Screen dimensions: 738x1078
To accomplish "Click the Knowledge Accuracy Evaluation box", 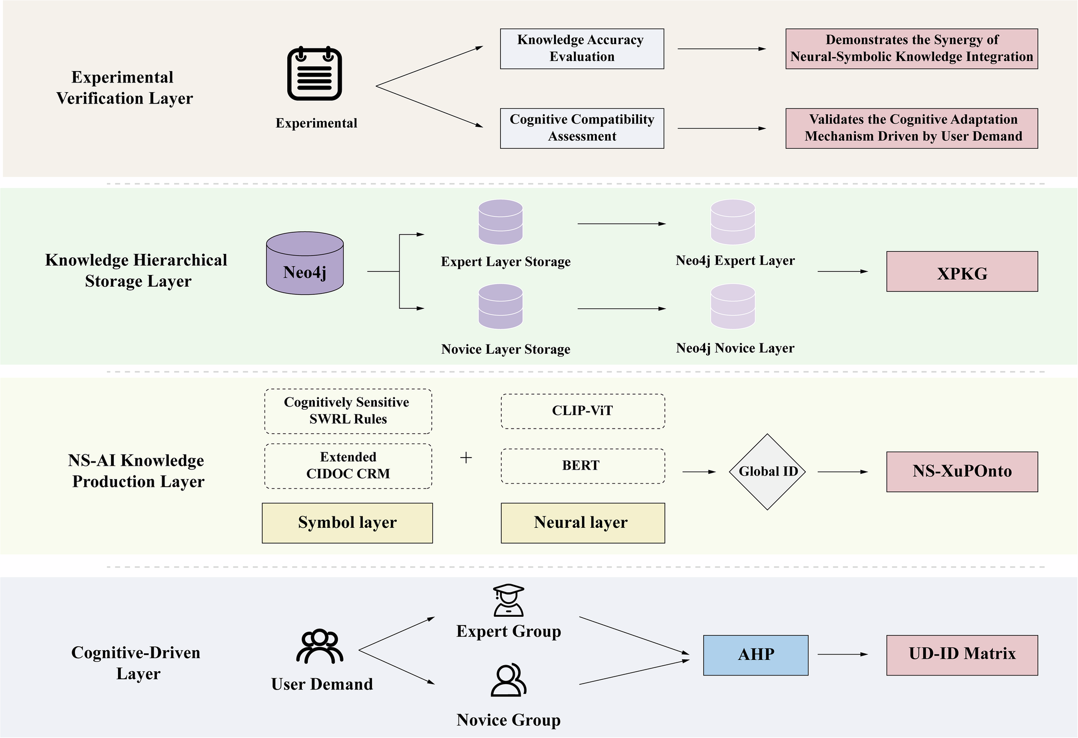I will click(x=582, y=49).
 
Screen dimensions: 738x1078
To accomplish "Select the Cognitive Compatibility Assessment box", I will click(x=582, y=128).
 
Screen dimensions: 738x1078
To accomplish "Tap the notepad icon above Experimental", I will click(x=315, y=74).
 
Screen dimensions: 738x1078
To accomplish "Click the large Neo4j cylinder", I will click(x=305, y=264).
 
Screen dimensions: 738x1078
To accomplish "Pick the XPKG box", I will click(x=962, y=272).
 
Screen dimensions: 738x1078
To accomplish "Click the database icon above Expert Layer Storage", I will click(x=501, y=222).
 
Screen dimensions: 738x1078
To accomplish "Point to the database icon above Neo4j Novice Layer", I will click(x=733, y=307).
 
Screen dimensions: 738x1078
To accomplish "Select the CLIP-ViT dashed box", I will click(x=583, y=411).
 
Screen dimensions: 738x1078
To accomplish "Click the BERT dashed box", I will click(x=583, y=466).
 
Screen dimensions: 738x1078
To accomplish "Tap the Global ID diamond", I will click(x=767, y=472).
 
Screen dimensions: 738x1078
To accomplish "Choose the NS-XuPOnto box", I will click(x=962, y=472).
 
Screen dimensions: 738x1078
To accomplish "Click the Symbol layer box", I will click(x=347, y=523).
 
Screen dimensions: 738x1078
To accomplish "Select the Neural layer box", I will click(x=583, y=523).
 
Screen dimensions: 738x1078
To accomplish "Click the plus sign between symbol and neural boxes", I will click(x=466, y=458).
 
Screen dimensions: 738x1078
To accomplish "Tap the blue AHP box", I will click(x=756, y=655).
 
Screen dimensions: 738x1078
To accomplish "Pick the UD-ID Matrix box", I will click(x=962, y=655).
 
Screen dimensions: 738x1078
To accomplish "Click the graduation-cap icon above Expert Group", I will click(x=508, y=600).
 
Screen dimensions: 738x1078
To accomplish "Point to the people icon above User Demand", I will click(x=320, y=646).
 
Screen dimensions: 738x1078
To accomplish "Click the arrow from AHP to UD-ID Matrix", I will click(x=842, y=654).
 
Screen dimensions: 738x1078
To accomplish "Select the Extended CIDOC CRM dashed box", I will click(x=348, y=466).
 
